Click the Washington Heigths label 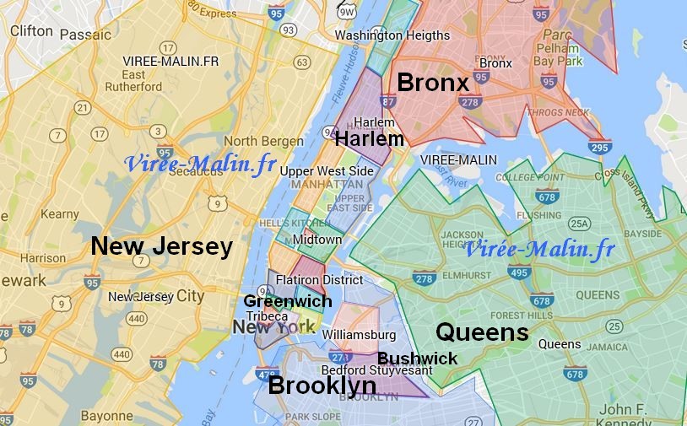tap(392, 35)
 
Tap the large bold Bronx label tap(432, 83)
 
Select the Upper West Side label tap(327, 170)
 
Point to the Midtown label tap(317, 240)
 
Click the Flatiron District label tap(319, 279)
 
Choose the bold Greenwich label tap(287, 301)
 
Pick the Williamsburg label tap(359, 335)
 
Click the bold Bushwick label tap(417, 358)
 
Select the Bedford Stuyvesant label tap(376, 370)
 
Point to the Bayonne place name tap(107, 416)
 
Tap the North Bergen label tap(252, 141)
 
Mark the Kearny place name tap(59, 214)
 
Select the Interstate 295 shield tap(600, 146)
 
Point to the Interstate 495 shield tap(519, 272)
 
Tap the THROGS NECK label tap(558, 111)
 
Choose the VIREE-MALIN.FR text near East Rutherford tap(170, 62)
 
